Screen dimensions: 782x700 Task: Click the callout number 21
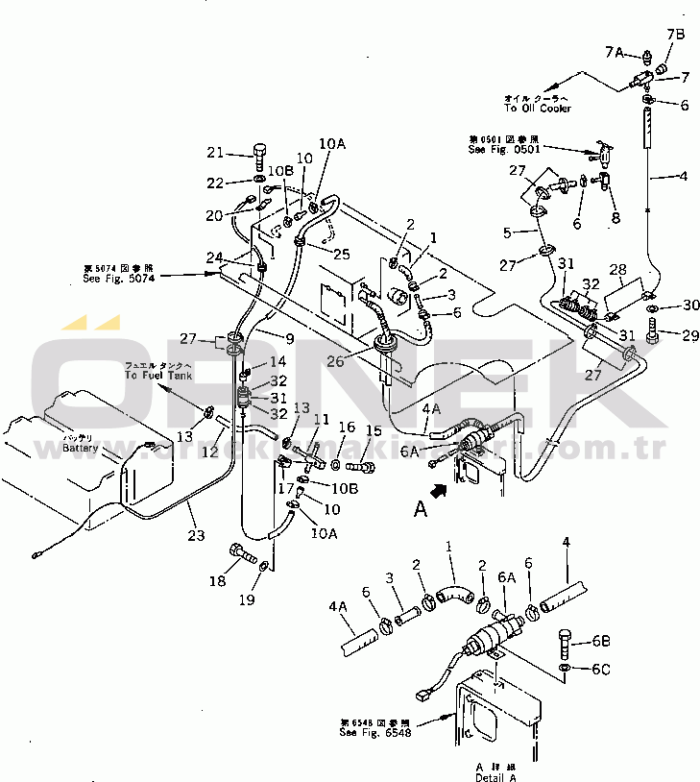coord(214,153)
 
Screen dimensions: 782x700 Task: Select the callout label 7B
coord(675,36)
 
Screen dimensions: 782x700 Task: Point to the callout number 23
coord(196,536)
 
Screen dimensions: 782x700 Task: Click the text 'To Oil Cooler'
coord(538,109)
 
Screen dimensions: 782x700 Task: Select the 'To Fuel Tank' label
coord(158,376)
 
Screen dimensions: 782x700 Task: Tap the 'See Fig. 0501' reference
coord(503,150)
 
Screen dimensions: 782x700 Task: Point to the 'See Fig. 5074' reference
coord(118,278)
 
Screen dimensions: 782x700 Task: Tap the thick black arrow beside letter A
coord(439,489)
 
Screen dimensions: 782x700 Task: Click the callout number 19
coord(248,600)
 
